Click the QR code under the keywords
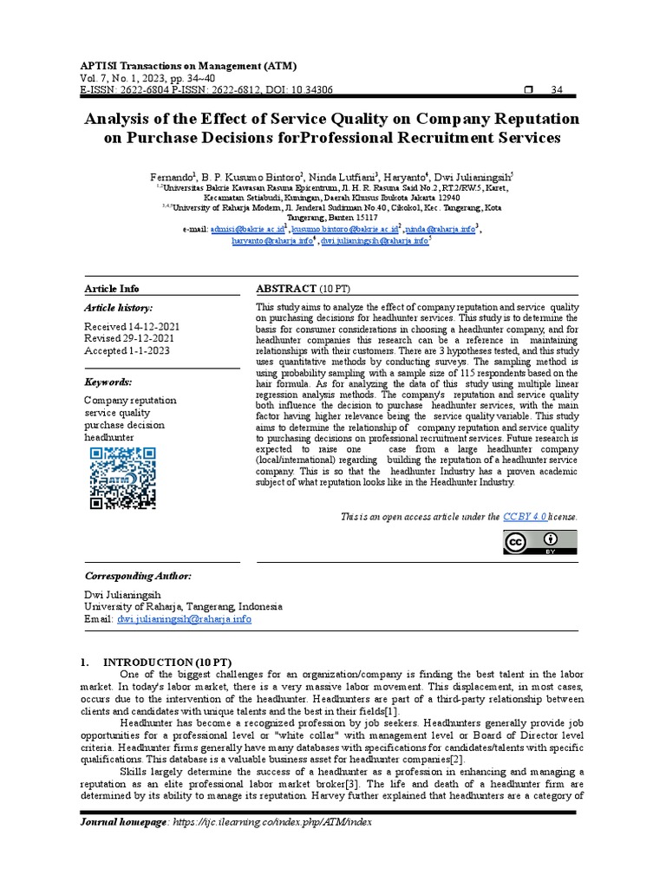click(x=122, y=477)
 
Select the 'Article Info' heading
click(x=111, y=289)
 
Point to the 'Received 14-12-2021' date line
click(x=131, y=326)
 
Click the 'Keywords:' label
click(x=108, y=382)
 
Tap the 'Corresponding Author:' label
click(x=138, y=577)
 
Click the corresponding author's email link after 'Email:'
click(x=185, y=620)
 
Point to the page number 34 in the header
click(x=558, y=90)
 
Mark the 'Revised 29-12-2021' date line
click(x=127, y=338)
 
